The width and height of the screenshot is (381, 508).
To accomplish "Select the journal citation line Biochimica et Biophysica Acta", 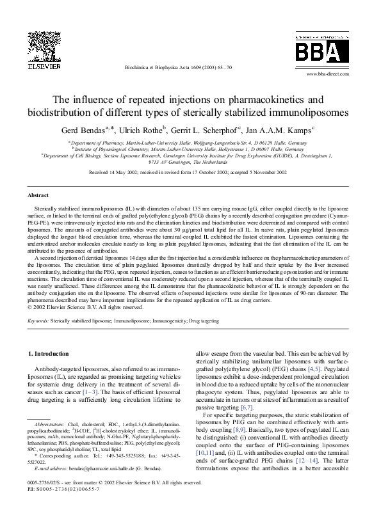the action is [176, 67].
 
